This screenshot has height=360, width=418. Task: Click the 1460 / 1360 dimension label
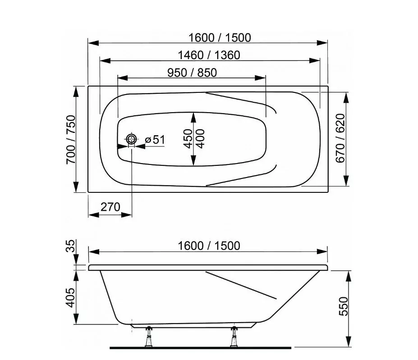(209, 55)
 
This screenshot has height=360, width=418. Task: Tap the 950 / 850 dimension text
(192, 73)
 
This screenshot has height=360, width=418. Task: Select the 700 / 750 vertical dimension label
(71, 139)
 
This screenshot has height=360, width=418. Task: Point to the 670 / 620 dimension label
(340, 138)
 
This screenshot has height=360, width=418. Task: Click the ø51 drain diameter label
(155, 140)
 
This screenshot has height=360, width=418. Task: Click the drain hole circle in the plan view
(131, 139)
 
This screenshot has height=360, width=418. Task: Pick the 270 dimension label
(110, 207)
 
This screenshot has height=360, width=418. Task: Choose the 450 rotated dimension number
(188, 139)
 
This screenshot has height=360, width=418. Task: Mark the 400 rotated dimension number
(201, 139)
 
